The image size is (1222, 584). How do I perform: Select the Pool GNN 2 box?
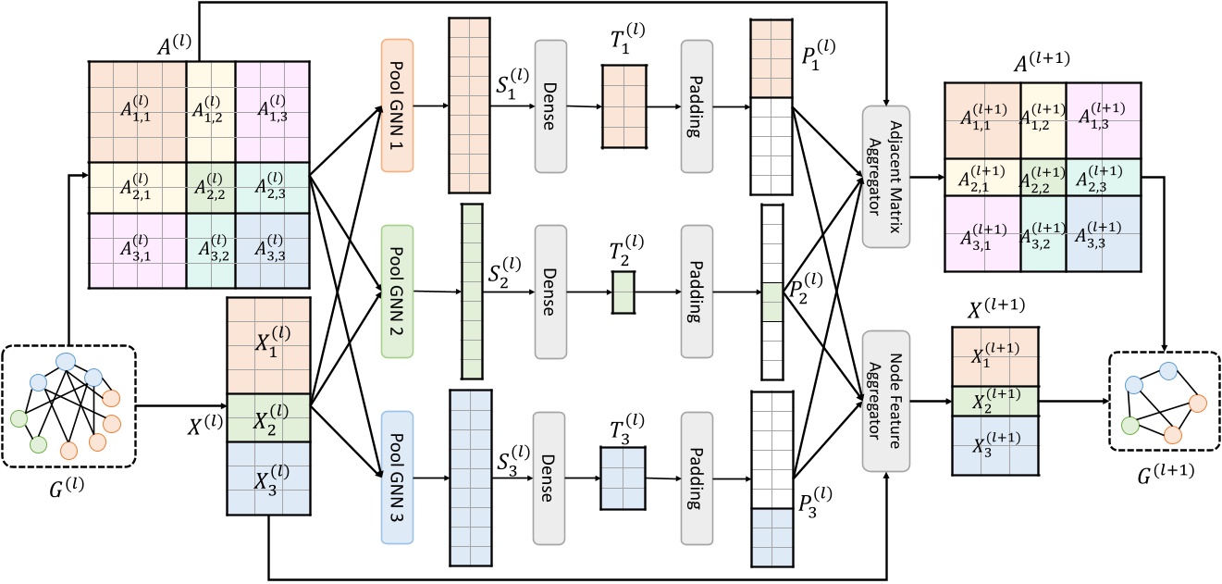(x=396, y=292)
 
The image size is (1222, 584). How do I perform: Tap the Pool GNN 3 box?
(x=396, y=478)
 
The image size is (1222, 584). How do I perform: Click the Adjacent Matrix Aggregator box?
(x=886, y=177)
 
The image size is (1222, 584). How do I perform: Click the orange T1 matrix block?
(x=624, y=106)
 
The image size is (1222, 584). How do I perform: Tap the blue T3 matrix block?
(x=623, y=478)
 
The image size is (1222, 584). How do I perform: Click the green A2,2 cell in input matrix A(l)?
(x=211, y=189)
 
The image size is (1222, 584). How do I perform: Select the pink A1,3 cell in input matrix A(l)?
(x=271, y=112)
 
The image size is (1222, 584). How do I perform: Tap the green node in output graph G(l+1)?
(x=1129, y=426)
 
